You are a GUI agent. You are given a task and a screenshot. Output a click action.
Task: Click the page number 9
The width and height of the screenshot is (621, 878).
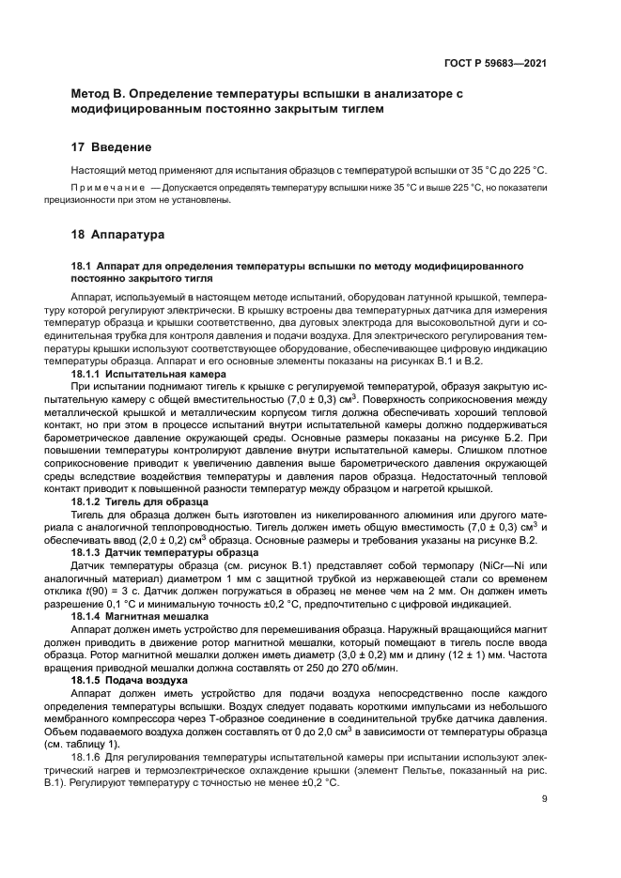(x=545, y=799)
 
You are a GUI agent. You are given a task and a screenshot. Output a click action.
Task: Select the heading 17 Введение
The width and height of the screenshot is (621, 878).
(x=111, y=147)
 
